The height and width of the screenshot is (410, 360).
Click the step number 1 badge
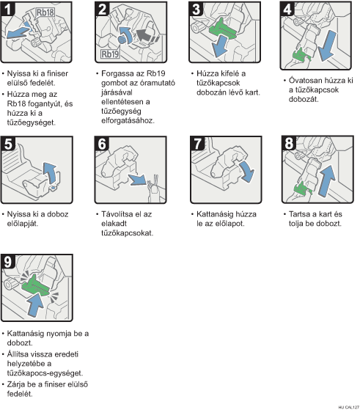point(8,9)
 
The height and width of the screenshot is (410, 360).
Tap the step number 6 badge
point(102,144)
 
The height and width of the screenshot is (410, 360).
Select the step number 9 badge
point(8,262)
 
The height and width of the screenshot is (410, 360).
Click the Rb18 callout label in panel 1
point(45,12)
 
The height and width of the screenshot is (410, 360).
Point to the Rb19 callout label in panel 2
point(110,54)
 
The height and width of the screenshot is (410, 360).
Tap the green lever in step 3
point(223,28)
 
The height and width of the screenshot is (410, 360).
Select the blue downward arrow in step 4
point(327,45)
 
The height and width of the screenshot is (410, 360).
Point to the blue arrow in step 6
point(137,180)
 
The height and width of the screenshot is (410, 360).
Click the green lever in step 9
point(35,285)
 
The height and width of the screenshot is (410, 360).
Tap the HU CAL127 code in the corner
point(348,407)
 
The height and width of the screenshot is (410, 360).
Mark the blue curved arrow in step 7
point(247,172)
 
